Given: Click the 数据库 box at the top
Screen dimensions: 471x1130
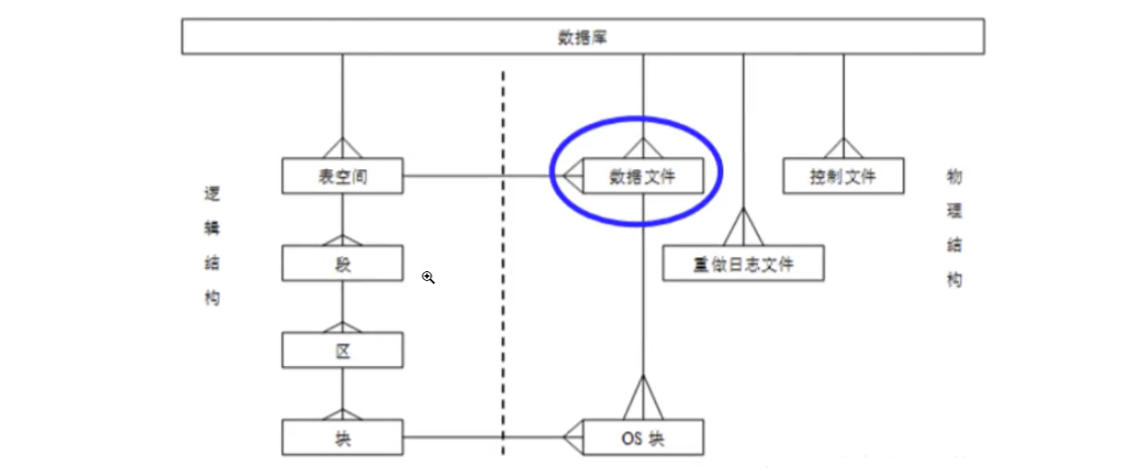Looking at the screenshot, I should click(x=582, y=38).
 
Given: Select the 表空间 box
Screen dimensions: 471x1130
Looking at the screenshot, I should click(x=342, y=177).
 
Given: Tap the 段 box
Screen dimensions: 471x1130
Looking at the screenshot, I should click(x=342, y=263).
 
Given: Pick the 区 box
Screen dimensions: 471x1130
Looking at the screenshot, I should click(x=342, y=350).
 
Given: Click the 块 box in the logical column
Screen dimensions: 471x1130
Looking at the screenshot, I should click(x=342, y=436).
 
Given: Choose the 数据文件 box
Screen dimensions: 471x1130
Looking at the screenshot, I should click(x=643, y=177).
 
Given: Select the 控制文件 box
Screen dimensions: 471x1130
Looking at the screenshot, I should click(x=843, y=177).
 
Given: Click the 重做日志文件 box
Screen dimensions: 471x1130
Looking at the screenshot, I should click(x=743, y=264).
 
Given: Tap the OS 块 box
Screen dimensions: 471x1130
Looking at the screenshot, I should click(x=643, y=436).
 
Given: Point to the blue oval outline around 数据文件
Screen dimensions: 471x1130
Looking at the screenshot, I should click(x=720, y=173).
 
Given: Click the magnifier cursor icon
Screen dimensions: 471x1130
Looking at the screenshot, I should click(x=428, y=278).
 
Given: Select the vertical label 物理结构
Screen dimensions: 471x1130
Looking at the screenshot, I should click(x=954, y=228).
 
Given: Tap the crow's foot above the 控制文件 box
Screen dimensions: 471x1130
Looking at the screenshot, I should click(x=843, y=148).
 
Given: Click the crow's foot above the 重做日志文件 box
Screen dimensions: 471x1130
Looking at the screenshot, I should click(x=743, y=229).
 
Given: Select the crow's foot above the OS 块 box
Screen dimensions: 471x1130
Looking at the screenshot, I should click(x=643, y=400).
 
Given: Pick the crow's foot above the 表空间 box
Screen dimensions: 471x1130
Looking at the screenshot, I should click(x=342, y=148).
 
